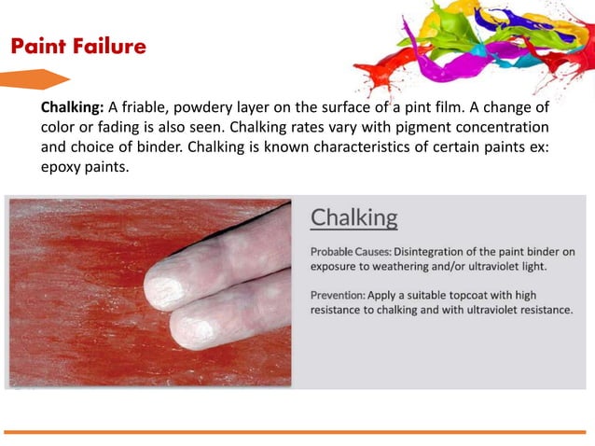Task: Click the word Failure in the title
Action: (x=112, y=46)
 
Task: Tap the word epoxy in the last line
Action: (x=60, y=167)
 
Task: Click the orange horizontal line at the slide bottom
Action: (x=297, y=431)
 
